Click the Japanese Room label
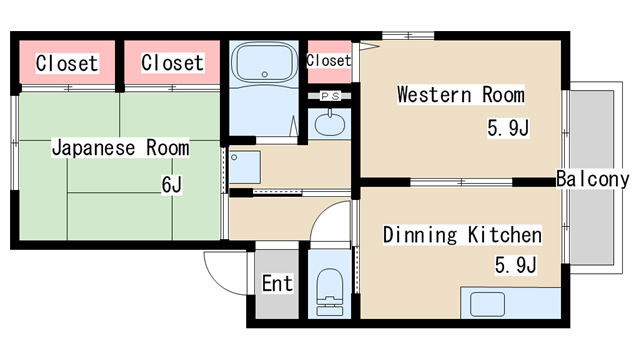pos(120,148)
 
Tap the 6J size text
pos(171,184)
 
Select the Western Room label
pos(461,95)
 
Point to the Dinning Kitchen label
pos(462,235)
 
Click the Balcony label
pos(593,179)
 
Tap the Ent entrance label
pos(277,283)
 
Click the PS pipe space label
pos(330,96)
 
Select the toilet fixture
pos(330,291)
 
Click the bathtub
pos(264,63)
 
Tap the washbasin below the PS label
pos(330,123)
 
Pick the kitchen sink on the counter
pos(487,304)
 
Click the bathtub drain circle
pos(264,74)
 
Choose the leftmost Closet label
pos(67,63)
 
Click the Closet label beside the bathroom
pos(172,63)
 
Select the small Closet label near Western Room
pos(329,60)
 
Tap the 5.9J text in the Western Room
pos(508,128)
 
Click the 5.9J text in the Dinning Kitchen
pos(516,265)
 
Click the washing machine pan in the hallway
pos(245,167)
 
